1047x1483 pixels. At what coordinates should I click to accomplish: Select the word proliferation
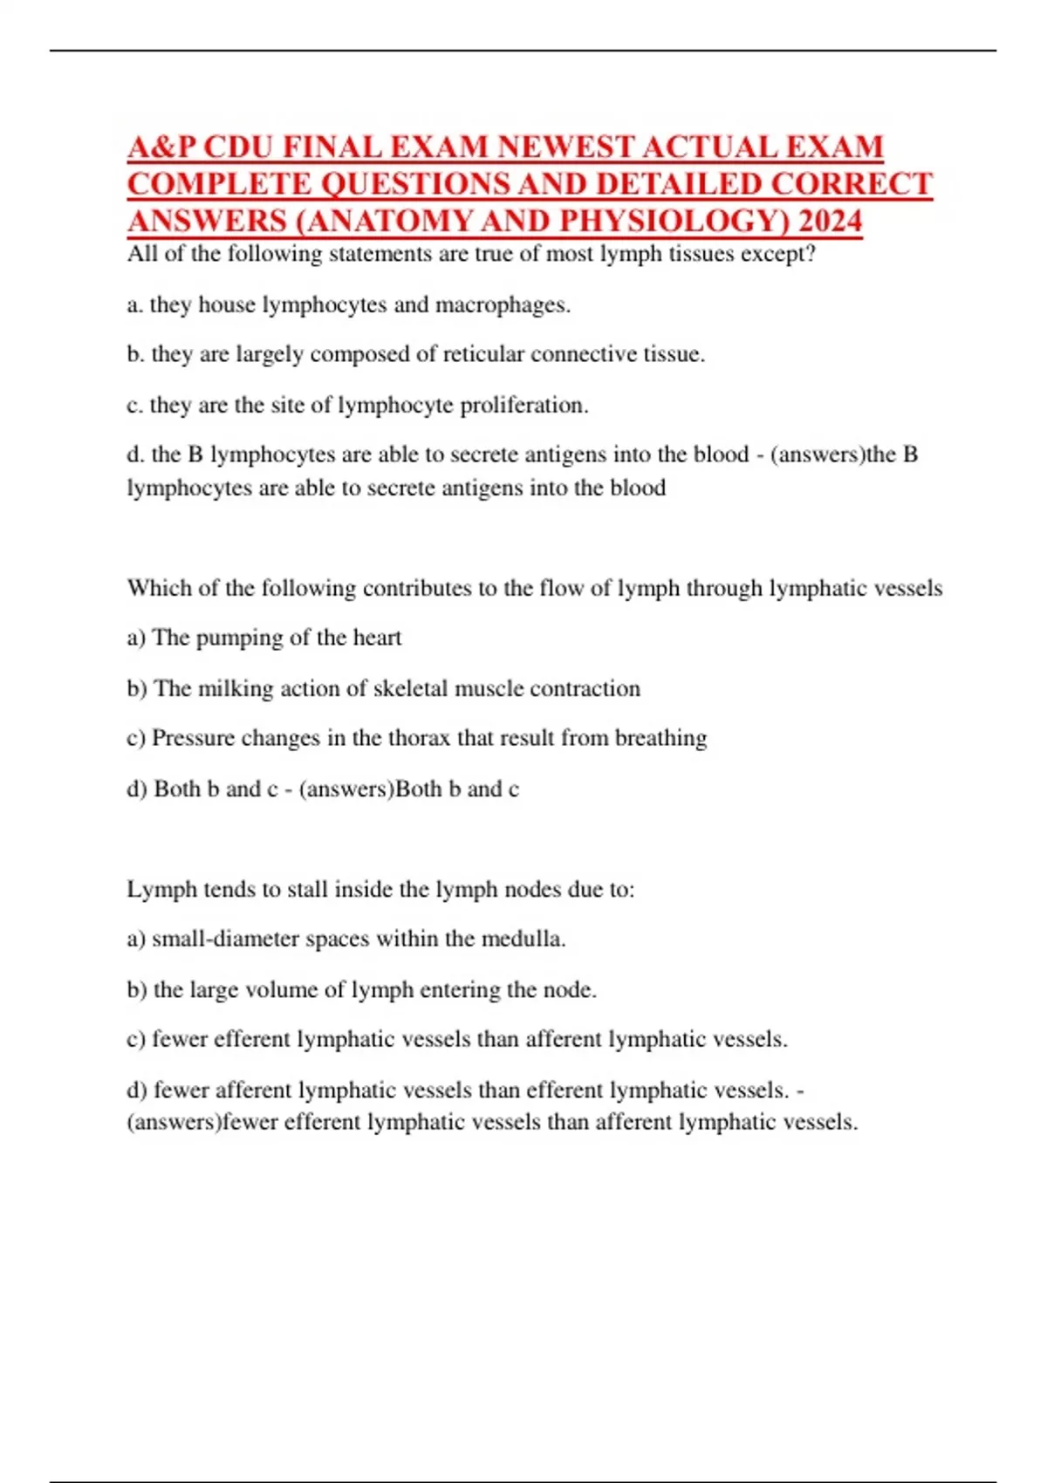click(x=523, y=406)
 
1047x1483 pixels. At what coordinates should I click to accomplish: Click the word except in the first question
click(x=777, y=254)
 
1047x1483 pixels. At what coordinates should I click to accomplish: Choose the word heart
click(x=377, y=638)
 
